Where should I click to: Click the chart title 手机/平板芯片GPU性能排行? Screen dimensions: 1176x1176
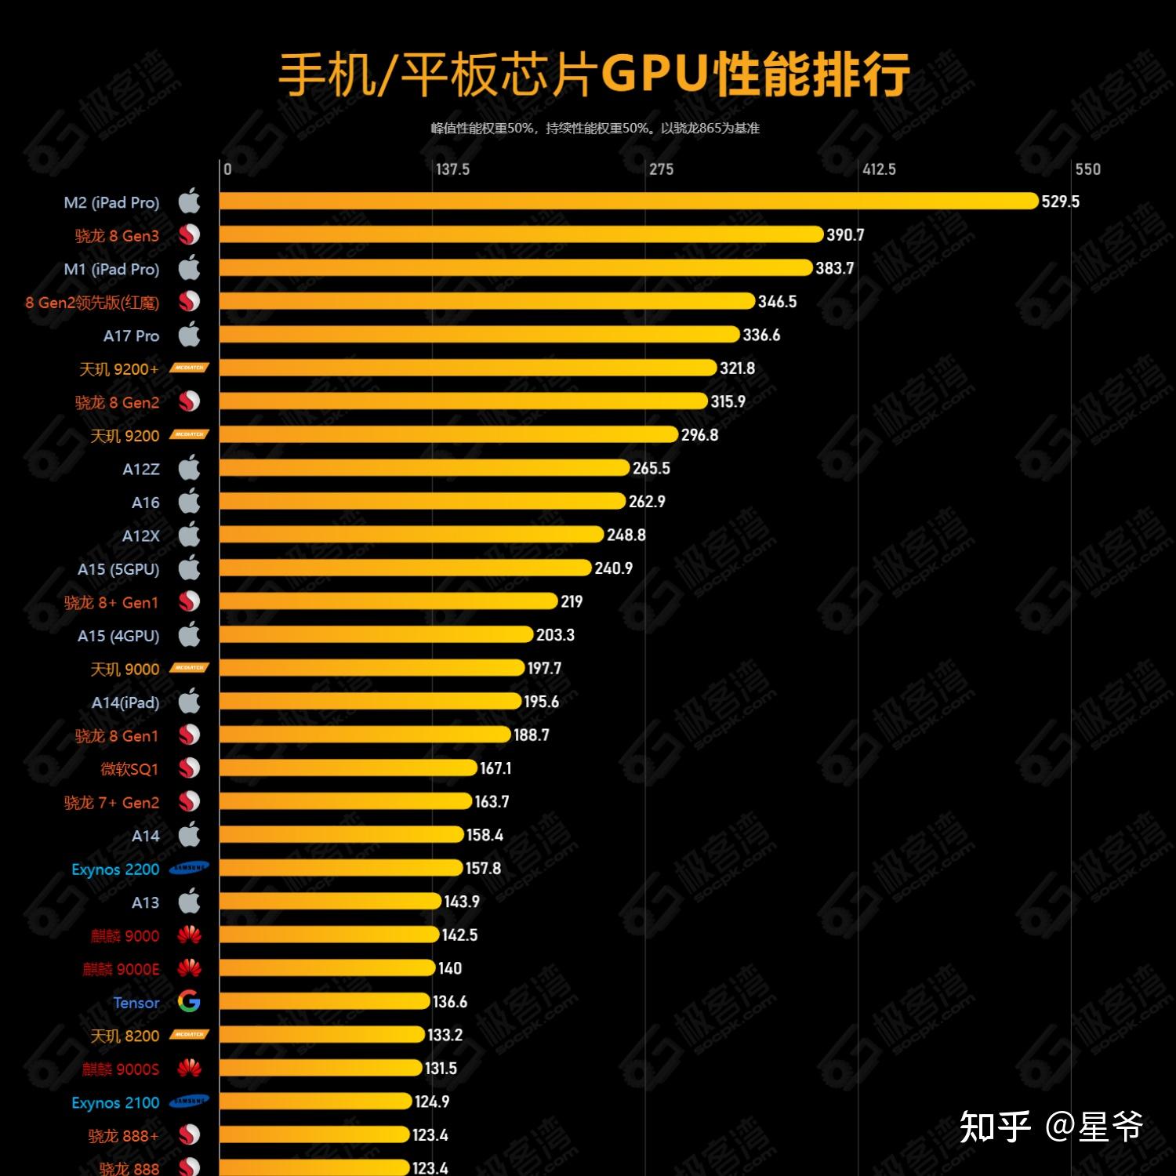[593, 74]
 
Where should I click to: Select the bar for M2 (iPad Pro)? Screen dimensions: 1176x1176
[628, 201]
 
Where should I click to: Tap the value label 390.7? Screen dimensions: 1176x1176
[845, 235]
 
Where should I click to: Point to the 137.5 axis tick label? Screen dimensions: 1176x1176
[452, 169]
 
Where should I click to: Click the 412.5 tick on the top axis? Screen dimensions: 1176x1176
[879, 169]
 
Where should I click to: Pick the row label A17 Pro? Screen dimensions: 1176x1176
[131, 336]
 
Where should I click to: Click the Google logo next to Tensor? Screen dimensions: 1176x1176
[189, 1001]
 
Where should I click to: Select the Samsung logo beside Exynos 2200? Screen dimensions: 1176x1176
[189, 868]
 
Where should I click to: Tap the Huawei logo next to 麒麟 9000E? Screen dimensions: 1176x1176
[189, 968]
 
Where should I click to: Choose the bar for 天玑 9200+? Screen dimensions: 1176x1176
[467, 368]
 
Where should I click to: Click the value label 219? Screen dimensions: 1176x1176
[572, 601]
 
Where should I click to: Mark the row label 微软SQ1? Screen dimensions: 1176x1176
[129, 769]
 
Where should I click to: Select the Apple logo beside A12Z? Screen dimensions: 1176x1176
[189, 469]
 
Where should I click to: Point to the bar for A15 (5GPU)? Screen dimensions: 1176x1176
[405, 568]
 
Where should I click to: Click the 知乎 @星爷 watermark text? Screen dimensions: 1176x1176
[1051, 1127]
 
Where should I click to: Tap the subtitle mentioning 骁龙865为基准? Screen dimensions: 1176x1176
[594, 129]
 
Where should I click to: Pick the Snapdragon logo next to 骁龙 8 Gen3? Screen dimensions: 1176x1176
[189, 235]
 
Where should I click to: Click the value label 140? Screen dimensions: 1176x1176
[450, 968]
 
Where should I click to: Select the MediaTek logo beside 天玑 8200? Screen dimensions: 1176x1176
[189, 1035]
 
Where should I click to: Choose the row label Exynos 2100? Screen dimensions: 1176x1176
[115, 1102]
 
